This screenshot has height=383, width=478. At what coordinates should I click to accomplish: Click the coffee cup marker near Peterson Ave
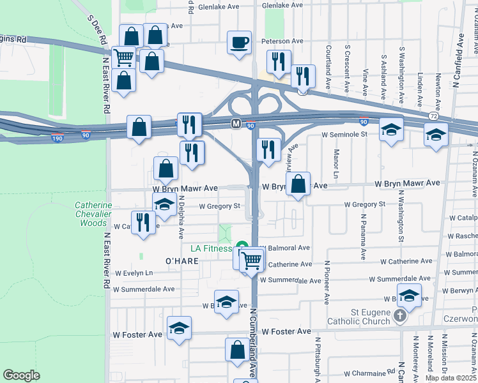240,43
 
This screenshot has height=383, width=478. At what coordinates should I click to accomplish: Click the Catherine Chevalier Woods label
93,214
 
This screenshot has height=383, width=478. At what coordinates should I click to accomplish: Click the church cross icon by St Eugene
399,315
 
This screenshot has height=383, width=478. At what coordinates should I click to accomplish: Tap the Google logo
22,375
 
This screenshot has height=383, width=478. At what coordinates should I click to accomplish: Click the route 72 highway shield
434,116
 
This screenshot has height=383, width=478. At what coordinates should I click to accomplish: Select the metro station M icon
236,123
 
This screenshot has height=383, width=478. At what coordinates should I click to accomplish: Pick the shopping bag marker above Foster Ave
237,350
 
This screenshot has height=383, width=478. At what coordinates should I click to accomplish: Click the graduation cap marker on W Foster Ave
180,329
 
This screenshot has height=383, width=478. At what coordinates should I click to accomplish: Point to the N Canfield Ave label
458,57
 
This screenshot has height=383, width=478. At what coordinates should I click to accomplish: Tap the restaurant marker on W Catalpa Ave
143,223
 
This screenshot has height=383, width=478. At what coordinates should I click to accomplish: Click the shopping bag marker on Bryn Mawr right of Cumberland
298,184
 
